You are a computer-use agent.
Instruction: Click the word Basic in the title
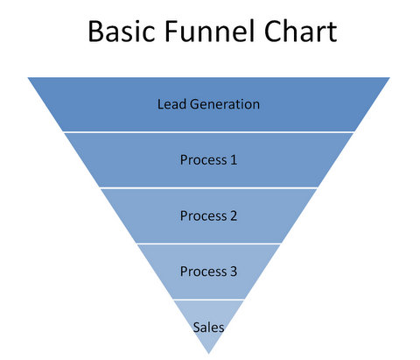(122, 32)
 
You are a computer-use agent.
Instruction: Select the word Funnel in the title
(209, 31)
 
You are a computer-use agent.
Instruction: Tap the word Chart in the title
(300, 31)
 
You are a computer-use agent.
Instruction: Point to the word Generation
(225, 104)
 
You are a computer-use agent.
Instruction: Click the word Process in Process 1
(203, 160)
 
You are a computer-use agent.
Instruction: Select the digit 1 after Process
(234, 159)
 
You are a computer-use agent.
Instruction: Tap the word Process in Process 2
(203, 216)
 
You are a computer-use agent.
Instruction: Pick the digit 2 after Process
(234, 215)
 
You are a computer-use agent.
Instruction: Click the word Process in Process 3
(203, 272)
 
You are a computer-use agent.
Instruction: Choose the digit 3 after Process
(234, 272)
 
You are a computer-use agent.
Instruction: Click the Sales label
(208, 328)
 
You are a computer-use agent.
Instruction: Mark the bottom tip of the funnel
(208, 354)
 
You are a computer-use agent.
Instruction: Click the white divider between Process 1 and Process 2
(208, 187)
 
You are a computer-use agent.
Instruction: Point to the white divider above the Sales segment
(208, 300)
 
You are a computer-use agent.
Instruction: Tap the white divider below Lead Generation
(208, 132)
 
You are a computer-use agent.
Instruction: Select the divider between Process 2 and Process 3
(208, 244)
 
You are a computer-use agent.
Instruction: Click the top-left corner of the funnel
(28, 78)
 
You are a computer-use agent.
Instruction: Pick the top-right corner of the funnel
(389, 78)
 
